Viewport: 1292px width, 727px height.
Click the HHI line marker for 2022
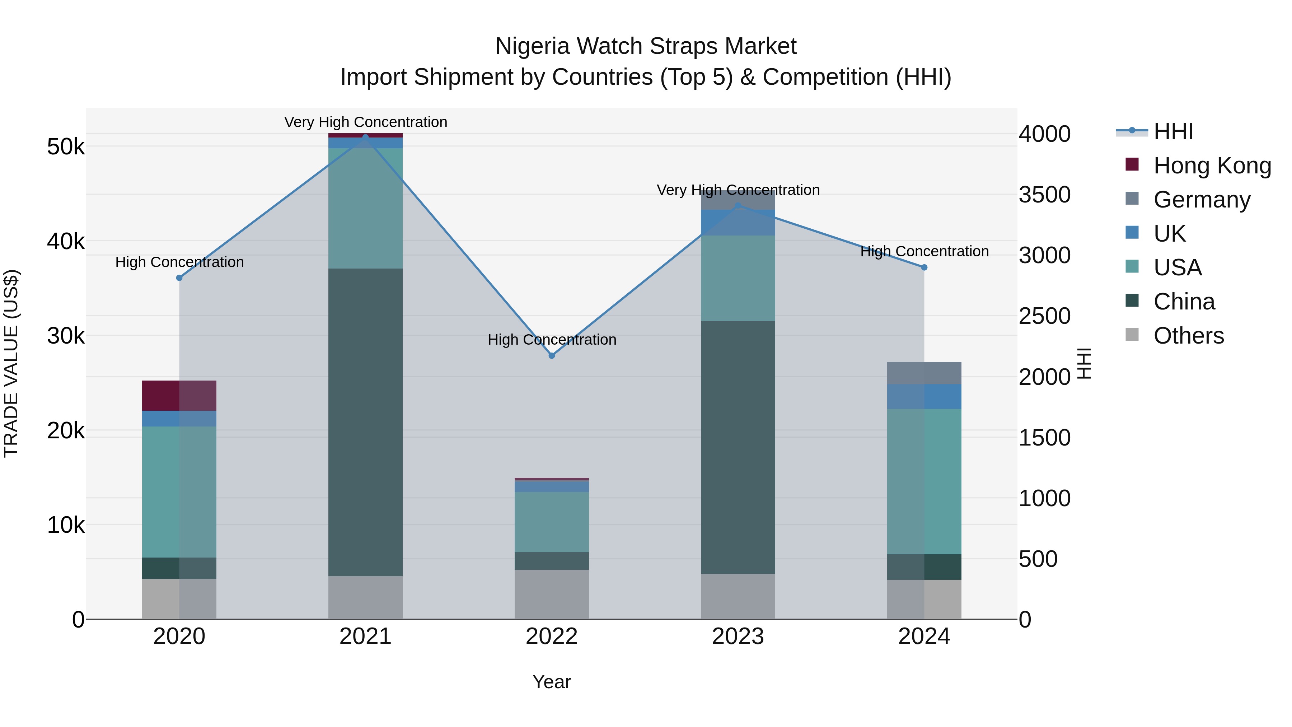(x=552, y=356)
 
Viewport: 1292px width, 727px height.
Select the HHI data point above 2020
(x=179, y=278)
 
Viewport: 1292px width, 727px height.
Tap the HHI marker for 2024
(x=924, y=267)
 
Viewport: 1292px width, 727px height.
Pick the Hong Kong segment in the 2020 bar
(x=179, y=396)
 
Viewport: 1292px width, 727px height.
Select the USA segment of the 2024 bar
(x=924, y=482)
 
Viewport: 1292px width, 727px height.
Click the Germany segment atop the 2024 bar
(x=924, y=373)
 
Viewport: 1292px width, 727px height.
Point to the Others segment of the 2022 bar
(x=552, y=594)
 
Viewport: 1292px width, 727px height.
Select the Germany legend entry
(x=1202, y=200)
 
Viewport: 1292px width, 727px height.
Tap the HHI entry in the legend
(x=1172, y=131)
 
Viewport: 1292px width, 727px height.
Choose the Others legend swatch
(x=1132, y=335)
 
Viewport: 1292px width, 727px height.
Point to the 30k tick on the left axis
(x=66, y=336)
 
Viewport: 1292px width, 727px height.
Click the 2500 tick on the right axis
(x=1045, y=316)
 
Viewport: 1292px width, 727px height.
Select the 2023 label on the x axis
(x=738, y=637)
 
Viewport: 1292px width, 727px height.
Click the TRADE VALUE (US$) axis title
(x=11, y=363)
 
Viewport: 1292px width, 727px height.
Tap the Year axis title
(x=552, y=682)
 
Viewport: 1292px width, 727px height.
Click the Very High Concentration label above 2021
(x=366, y=122)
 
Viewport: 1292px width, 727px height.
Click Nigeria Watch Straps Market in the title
(x=646, y=46)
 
